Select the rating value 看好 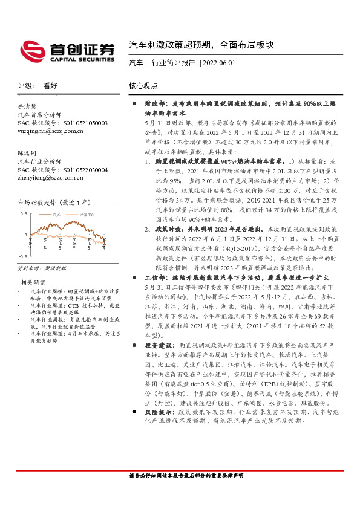point(49,86)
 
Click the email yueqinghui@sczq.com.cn point(51,130)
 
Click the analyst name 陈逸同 point(28,154)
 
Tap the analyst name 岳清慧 point(28,106)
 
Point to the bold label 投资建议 point(155,360)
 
